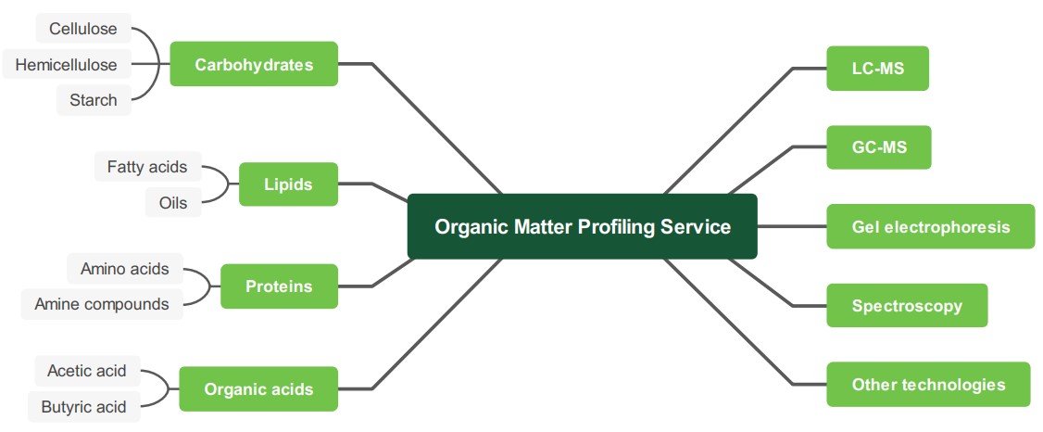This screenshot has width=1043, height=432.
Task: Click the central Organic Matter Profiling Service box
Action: [582, 226]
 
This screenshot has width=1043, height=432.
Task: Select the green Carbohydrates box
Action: [254, 64]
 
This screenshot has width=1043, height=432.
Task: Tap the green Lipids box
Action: [288, 184]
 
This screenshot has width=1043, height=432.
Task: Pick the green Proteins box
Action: [279, 286]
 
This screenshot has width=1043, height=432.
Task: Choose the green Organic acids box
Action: [258, 389]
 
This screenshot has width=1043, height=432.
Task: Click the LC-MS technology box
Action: [877, 69]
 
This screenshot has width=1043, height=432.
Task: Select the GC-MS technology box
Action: [878, 147]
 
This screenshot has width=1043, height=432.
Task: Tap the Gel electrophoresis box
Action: [930, 226]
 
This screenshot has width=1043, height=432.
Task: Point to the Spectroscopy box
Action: [906, 306]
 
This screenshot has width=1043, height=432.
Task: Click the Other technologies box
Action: [928, 385]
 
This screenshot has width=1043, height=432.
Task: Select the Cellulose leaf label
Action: [83, 29]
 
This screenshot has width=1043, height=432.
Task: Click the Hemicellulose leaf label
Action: [66, 65]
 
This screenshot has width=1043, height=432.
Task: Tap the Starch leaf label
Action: [94, 100]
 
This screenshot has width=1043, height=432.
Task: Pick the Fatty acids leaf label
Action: [147, 167]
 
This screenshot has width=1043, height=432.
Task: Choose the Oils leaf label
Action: [173, 203]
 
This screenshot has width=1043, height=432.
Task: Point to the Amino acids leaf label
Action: [125, 269]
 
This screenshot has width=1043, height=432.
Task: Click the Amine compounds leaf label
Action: [102, 303]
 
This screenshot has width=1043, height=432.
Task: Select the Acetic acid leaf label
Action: [87, 371]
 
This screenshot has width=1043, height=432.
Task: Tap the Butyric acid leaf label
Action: [83, 406]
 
